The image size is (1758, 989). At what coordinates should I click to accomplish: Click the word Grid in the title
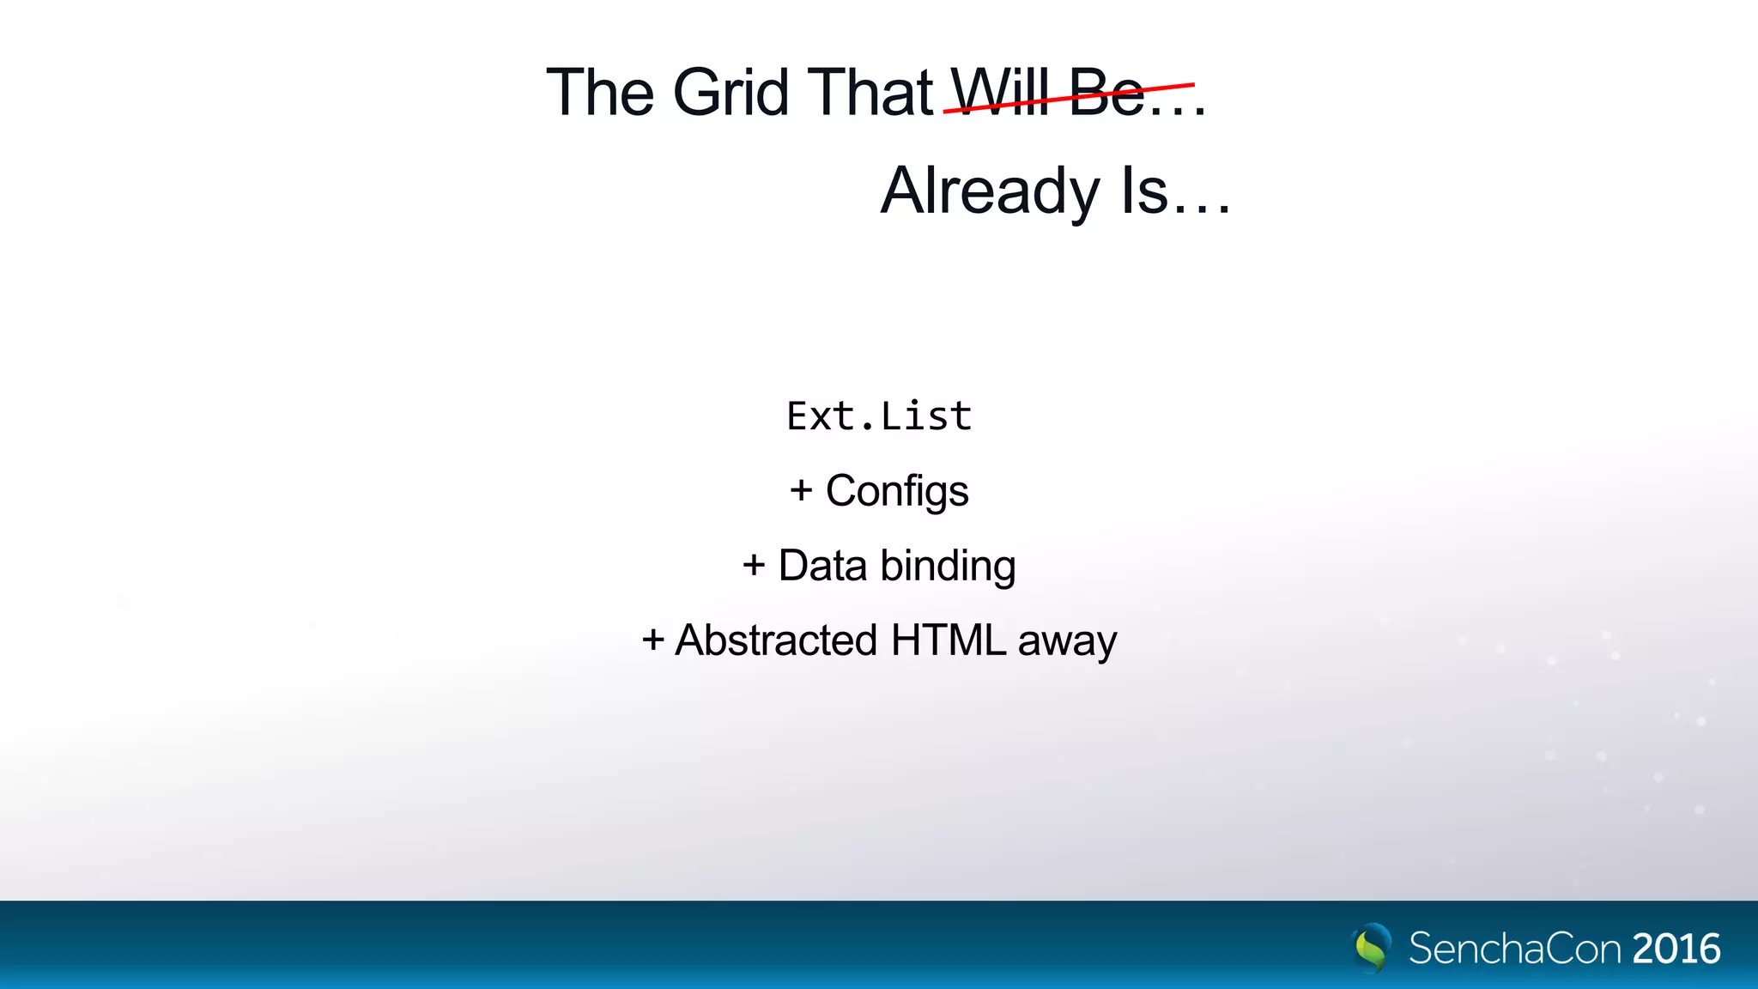[x=730, y=93]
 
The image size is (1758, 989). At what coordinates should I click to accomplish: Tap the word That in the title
[x=870, y=93]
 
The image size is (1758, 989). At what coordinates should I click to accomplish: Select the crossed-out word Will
[x=1001, y=93]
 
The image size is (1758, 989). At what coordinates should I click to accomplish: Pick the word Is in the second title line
[x=1144, y=191]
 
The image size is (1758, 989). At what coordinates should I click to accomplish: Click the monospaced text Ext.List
[x=879, y=416]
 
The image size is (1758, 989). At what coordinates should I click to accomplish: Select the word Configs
[x=897, y=491]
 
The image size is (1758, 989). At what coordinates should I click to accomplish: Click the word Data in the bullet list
[x=822, y=566]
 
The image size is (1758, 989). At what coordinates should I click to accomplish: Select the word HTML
[x=949, y=640]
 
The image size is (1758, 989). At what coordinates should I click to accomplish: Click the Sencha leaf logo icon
[x=1372, y=948]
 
